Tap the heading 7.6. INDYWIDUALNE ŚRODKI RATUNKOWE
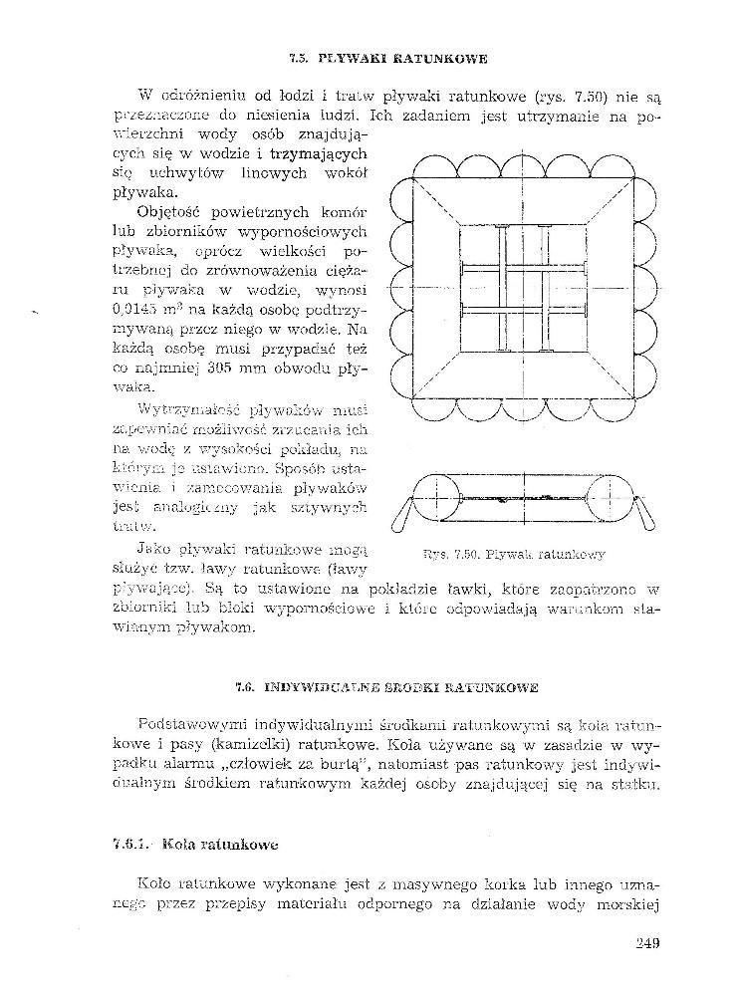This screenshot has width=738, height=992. (387, 687)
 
